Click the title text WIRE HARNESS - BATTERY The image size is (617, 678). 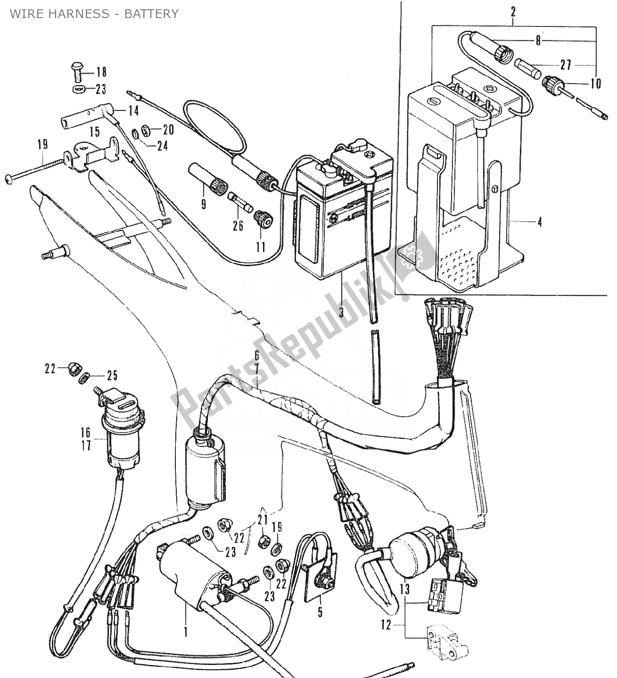tap(94, 13)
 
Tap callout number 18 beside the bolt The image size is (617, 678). tap(102, 72)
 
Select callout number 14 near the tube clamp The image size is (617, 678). tap(133, 111)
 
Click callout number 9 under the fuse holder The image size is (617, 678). tap(204, 203)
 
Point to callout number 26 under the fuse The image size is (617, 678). tap(238, 227)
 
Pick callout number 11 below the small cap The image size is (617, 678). tap(261, 247)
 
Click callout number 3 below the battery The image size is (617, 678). tap(341, 313)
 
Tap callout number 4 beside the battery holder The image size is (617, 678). tap(539, 222)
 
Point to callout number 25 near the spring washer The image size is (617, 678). tap(112, 375)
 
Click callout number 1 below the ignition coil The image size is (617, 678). tap(186, 632)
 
